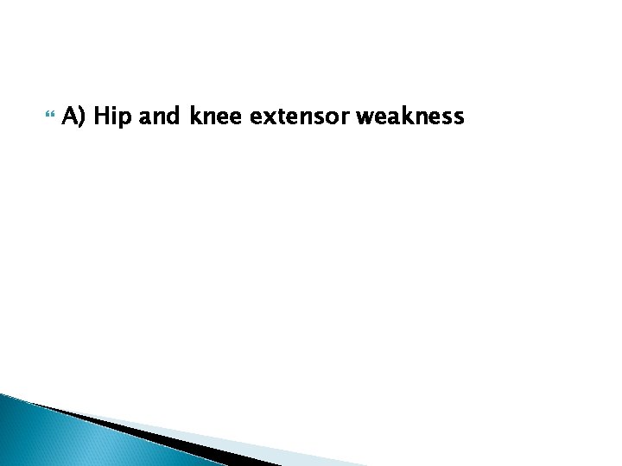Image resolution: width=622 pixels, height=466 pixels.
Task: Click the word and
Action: click(158, 116)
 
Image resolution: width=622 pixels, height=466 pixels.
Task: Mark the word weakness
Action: click(410, 116)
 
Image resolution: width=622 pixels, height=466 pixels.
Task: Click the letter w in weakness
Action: click(365, 116)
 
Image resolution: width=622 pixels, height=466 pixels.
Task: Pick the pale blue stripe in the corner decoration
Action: click(259, 452)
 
